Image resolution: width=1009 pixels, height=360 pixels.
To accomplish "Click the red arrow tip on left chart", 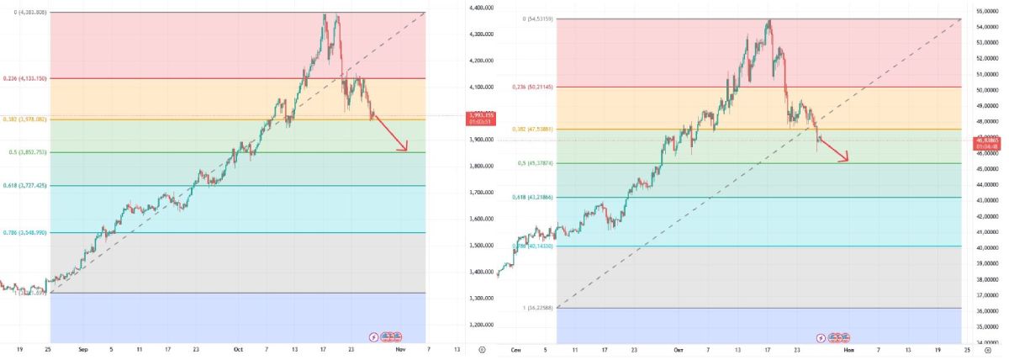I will click(407, 151).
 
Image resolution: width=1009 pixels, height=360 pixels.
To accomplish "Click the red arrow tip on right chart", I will click(848, 160).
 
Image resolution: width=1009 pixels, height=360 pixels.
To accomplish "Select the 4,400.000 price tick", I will click(481, 8).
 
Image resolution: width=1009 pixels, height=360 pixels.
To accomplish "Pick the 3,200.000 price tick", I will click(481, 325).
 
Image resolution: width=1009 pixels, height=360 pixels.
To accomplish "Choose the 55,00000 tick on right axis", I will click(985, 11).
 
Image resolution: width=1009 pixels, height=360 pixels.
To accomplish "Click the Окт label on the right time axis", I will click(678, 348).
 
